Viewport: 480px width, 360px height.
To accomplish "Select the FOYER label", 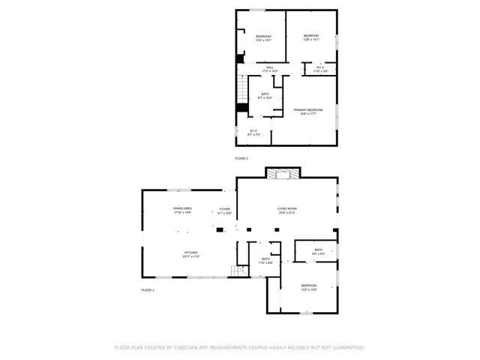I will click(225, 211).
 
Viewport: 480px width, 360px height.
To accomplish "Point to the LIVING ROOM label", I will click(287, 210).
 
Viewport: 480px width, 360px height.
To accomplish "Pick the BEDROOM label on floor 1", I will click(309, 286).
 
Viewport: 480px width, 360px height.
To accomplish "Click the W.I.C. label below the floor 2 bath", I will click(254, 132).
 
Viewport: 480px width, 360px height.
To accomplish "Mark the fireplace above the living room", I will click(283, 173).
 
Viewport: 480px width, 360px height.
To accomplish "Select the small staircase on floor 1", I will click(239, 271).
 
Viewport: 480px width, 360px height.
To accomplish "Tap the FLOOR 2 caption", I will click(241, 158).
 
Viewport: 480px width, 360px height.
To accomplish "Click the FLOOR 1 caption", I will click(148, 289).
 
